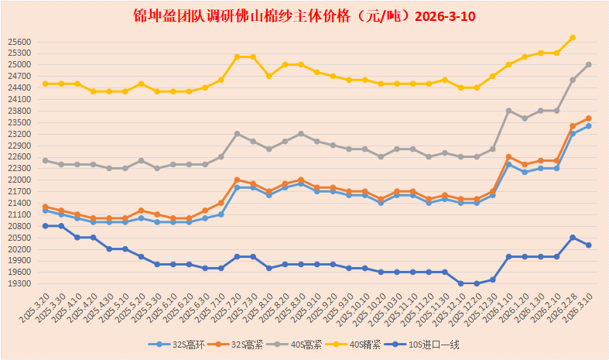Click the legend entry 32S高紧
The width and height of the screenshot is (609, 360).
(x=244, y=345)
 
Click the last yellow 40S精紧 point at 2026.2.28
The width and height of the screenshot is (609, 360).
(x=573, y=37)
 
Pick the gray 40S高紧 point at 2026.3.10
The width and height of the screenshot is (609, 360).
(x=589, y=64)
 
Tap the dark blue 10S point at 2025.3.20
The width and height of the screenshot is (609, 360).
(x=46, y=226)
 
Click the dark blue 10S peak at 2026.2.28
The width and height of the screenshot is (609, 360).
(x=573, y=238)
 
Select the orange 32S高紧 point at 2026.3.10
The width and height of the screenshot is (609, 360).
(x=589, y=118)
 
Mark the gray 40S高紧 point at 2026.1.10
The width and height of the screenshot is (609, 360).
(x=508, y=111)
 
